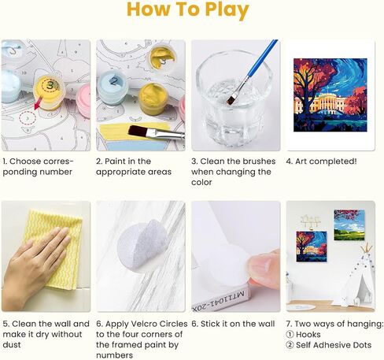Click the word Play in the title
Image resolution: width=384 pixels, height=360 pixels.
(227, 10)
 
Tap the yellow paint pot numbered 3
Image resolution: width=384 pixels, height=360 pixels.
(50, 92)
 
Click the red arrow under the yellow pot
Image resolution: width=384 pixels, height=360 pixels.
(38, 103)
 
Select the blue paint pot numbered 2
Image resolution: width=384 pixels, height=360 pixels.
(113, 87)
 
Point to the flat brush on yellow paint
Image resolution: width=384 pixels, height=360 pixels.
(156, 132)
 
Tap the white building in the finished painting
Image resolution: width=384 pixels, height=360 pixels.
(326, 104)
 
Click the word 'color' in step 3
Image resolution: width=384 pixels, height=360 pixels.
(201, 182)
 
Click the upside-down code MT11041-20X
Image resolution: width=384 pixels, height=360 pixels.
(220, 300)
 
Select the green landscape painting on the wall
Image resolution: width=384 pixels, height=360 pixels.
(349, 225)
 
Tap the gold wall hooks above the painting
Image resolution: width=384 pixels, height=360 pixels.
(311, 221)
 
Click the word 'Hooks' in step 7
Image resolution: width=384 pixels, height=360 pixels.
(308, 335)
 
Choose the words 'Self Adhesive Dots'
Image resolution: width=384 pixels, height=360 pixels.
(334, 345)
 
